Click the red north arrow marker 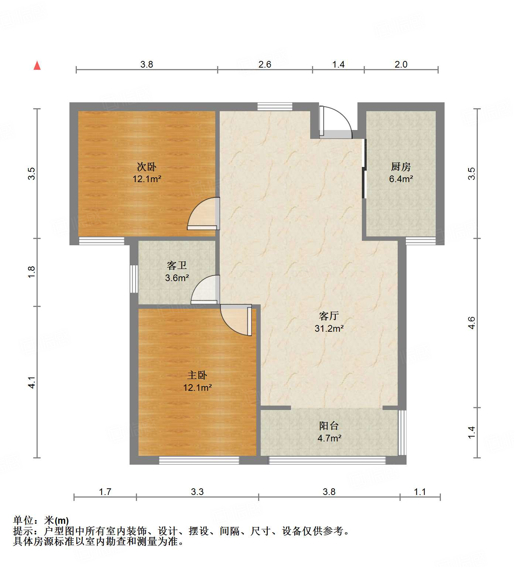pos(37,65)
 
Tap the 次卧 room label pos(147,167)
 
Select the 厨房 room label pos(401,167)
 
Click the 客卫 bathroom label pos(177,265)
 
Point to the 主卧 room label pos(197,375)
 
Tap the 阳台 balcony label pos(329,426)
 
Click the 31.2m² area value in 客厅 pos(329,328)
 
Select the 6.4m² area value pos(401,179)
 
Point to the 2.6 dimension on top pos(265,64)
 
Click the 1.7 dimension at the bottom pos(105,492)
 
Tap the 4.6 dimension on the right pos(471,322)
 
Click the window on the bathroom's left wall pos(134,279)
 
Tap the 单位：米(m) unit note pos(41,520)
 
